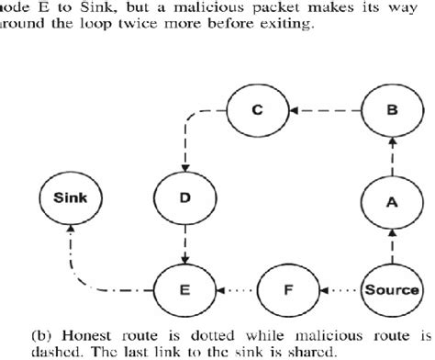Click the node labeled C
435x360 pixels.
(x=259, y=112)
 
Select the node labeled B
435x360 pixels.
(x=392, y=112)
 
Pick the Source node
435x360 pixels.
(x=392, y=290)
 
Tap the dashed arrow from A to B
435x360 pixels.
(x=392, y=157)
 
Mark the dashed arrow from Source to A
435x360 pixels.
(x=392, y=246)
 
